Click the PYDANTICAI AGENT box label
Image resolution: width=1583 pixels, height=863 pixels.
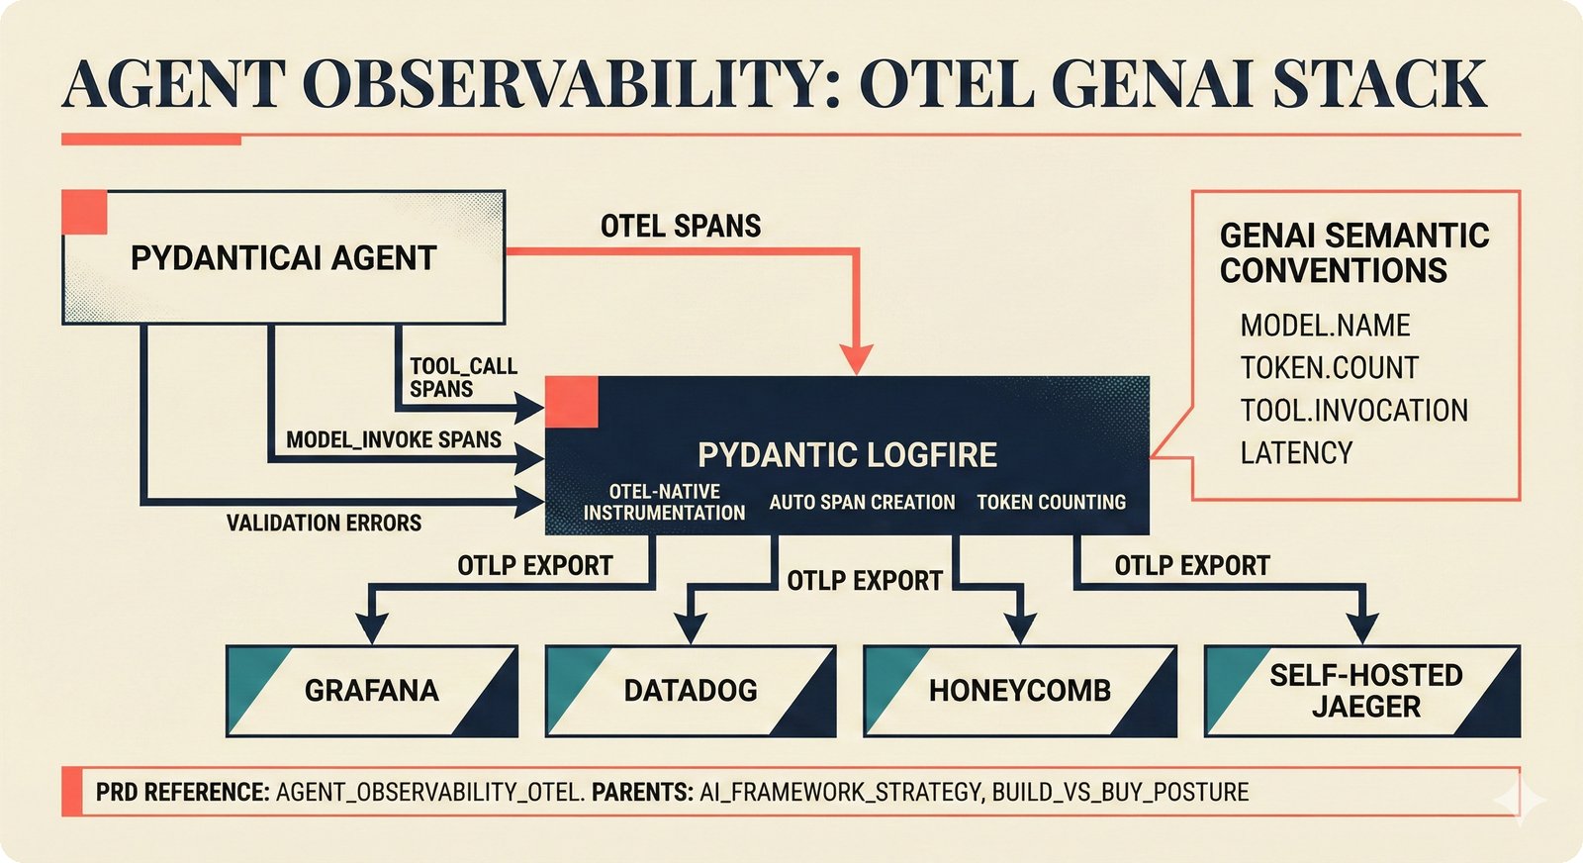[x=283, y=258]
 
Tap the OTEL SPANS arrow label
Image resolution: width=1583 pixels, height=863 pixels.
[x=681, y=226]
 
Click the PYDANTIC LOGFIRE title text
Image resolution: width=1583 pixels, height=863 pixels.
[x=847, y=454]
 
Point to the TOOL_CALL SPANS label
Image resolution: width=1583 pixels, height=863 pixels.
[x=463, y=377]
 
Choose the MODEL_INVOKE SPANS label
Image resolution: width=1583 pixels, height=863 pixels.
[x=394, y=439]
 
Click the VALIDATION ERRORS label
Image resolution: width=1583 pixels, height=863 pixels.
[x=324, y=523]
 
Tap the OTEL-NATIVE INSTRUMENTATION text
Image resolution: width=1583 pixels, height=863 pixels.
[x=664, y=502]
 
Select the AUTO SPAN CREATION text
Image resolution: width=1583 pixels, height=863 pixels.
[x=862, y=502]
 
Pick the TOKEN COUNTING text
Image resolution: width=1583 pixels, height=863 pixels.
[x=1051, y=502]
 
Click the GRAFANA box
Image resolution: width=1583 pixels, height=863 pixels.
[x=371, y=690]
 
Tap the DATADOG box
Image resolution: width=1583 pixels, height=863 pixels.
[x=690, y=690]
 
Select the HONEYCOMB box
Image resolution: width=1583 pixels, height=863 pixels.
[x=1019, y=690]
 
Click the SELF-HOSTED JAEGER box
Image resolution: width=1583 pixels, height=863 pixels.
[x=1365, y=690]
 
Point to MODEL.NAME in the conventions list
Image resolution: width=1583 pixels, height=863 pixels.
[x=1325, y=326]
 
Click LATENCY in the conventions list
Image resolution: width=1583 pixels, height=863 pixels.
[x=1296, y=452]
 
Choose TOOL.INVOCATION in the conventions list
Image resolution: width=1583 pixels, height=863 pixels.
[x=1353, y=410]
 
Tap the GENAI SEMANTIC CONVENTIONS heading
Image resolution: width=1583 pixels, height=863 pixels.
[x=1353, y=252]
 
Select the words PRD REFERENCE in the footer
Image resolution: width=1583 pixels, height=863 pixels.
[x=182, y=792]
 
